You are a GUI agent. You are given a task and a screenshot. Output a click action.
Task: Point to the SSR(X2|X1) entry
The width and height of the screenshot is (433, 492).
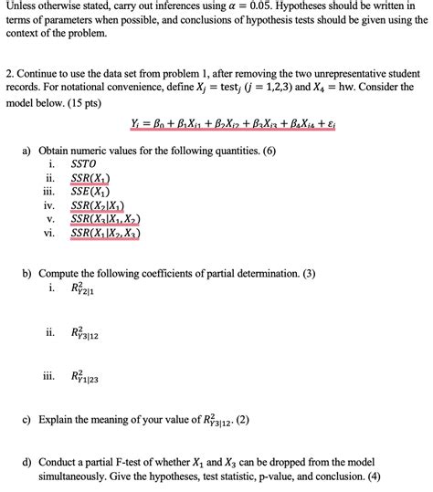[x=98, y=205]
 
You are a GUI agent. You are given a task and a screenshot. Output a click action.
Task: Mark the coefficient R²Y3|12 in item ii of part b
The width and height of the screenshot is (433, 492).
[x=84, y=333]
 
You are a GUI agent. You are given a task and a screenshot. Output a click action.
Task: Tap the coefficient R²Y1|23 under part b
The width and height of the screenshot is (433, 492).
[x=84, y=375]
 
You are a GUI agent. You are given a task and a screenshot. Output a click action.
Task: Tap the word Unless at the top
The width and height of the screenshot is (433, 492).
[x=22, y=8]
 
